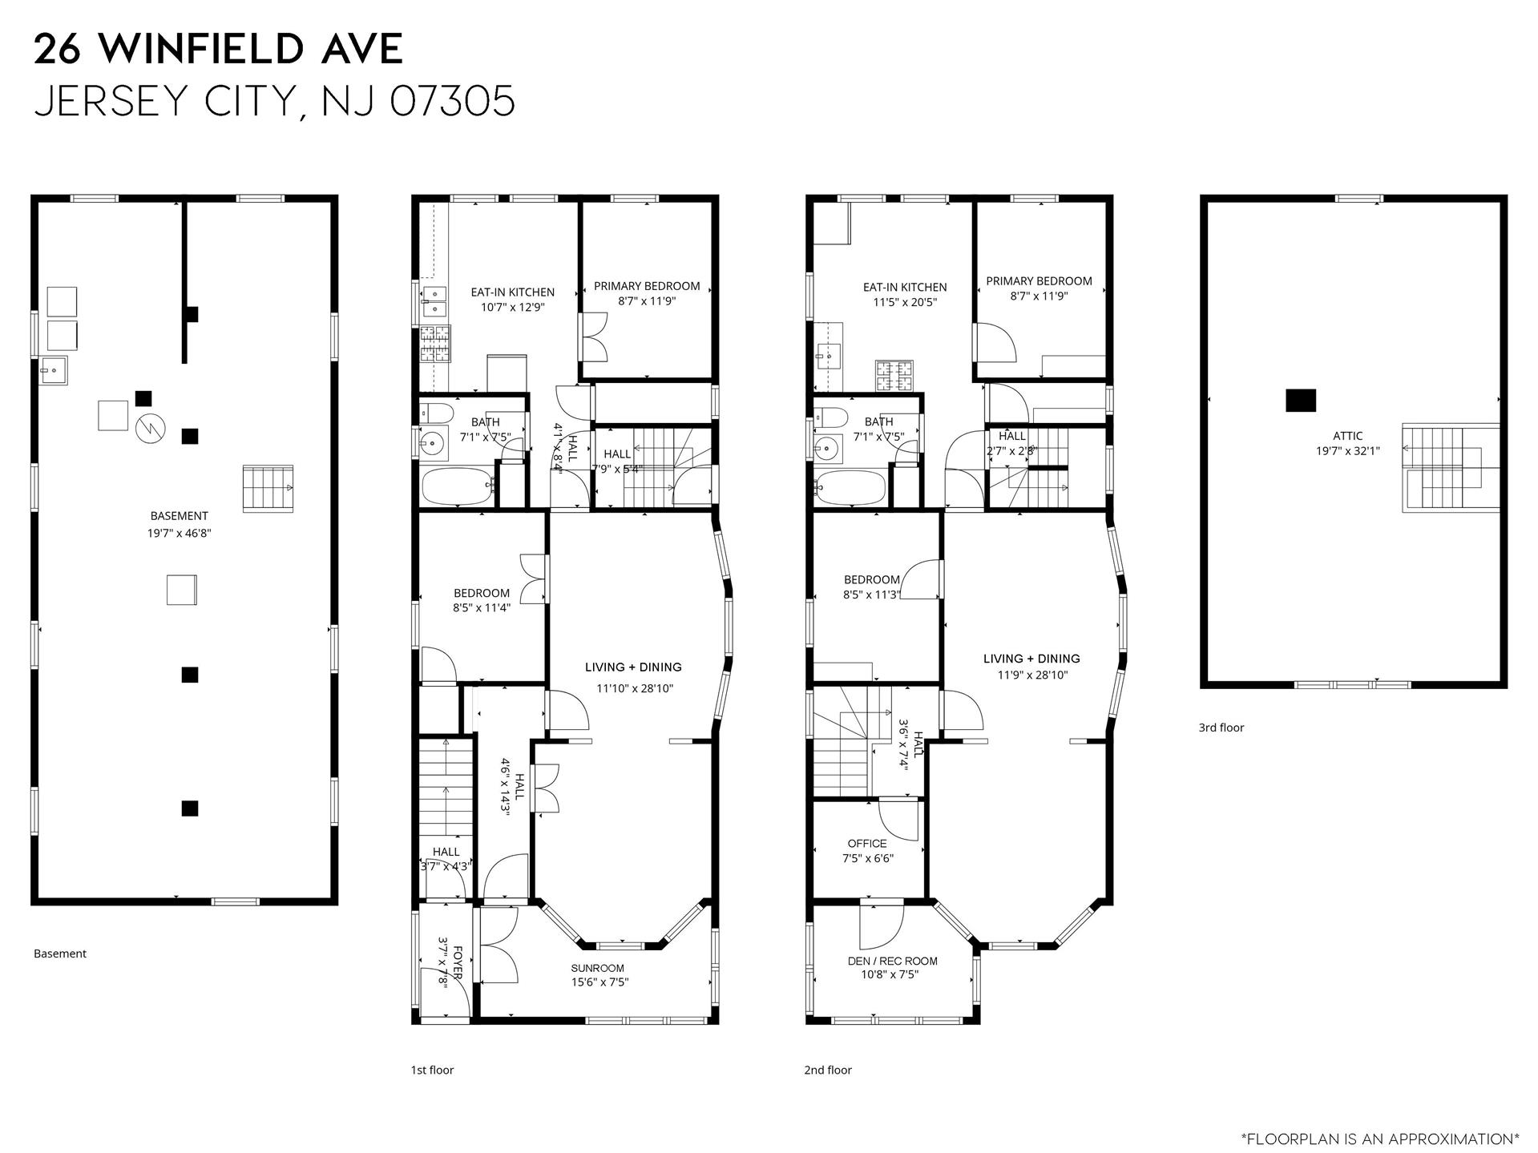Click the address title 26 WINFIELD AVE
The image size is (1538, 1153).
click(218, 50)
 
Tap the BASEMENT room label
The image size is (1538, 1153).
click(180, 516)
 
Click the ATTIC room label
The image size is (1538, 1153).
click(1348, 436)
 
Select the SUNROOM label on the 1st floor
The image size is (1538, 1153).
click(598, 968)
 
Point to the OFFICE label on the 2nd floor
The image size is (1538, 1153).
click(867, 844)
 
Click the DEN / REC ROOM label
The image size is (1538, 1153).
click(892, 961)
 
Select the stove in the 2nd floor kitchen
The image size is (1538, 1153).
click(894, 375)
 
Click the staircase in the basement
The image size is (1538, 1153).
click(268, 488)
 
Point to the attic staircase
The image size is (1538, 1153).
click(1450, 468)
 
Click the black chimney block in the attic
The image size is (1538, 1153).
click(1300, 400)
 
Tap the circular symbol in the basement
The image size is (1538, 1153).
click(149, 429)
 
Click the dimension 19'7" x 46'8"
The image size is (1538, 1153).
click(180, 533)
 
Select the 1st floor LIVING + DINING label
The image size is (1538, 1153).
click(633, 667)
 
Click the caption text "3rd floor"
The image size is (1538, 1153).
click(1221, 728)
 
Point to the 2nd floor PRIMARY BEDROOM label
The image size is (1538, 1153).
click(1039, 281)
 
